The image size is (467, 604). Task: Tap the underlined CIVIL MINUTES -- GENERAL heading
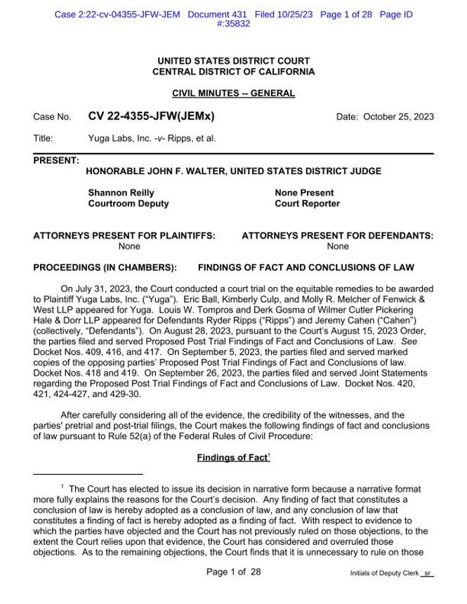[233, 94]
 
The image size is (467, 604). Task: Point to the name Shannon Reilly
[121, 192]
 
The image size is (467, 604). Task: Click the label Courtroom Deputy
[128, 204]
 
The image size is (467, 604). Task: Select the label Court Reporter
[308, 204]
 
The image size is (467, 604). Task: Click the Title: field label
[44, 138]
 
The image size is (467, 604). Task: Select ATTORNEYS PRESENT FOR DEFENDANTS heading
[337, 237]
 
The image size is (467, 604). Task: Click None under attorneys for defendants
[337, 247]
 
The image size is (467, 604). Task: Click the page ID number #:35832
[233, 22]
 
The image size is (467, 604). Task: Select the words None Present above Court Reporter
[305, 192]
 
